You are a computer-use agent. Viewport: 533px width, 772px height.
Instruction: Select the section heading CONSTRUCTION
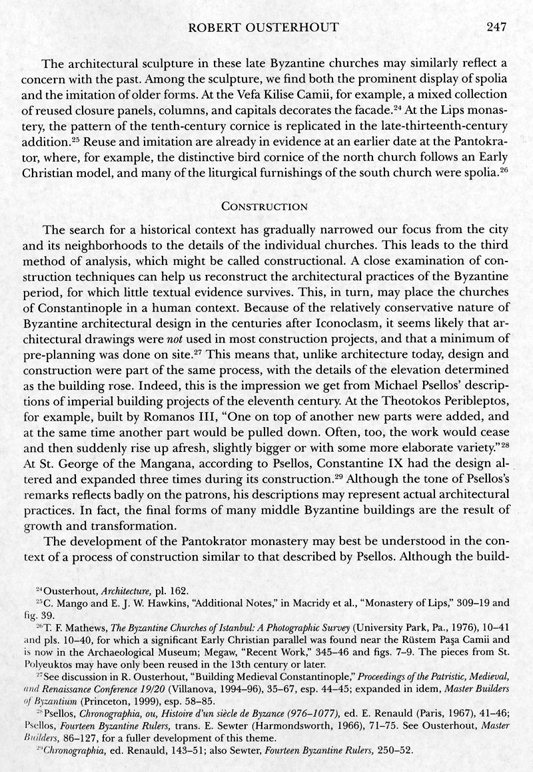pyautogui.click(x=266, y=206)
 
